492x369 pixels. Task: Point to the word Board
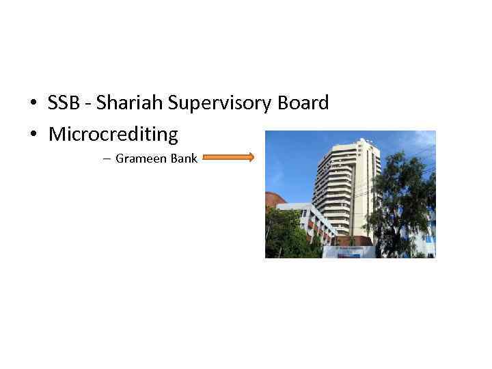coord(303,103)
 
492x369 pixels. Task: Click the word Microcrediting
coord(113,134)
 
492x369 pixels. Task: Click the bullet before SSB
coord(33,104)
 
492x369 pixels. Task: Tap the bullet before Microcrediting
coord(33,135)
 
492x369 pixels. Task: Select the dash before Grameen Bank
coord(107,159)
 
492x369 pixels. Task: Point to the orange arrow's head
coord(251,158)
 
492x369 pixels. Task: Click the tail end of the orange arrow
coord(205,158)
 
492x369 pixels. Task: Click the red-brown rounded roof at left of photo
coord(274,199)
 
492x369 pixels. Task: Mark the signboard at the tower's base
coord(349,251)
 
